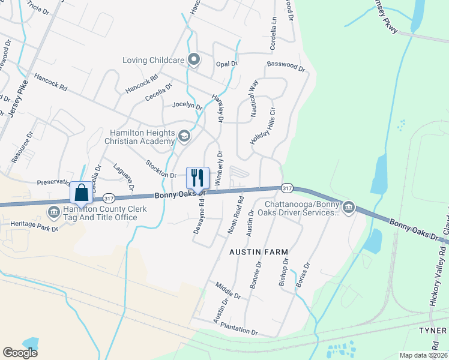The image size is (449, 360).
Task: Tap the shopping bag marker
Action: (81, 193)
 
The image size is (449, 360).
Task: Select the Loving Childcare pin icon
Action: (193, 60)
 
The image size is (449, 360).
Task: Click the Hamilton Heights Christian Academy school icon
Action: (184, 137)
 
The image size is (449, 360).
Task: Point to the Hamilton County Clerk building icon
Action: (53, 211)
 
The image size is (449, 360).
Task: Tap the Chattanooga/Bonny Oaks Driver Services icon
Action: (348, 208)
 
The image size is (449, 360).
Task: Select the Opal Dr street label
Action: (227, 63)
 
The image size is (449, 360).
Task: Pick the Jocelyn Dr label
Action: (187, 104)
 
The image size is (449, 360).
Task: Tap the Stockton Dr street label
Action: (160, 168)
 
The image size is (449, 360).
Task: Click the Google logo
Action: (20, 353)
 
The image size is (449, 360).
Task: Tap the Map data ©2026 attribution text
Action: (423, 355)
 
